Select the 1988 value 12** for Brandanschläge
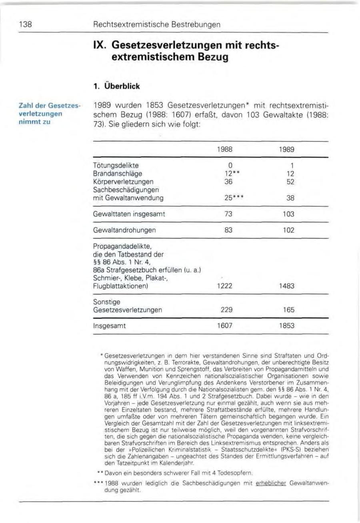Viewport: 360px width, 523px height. coord(225,174)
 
